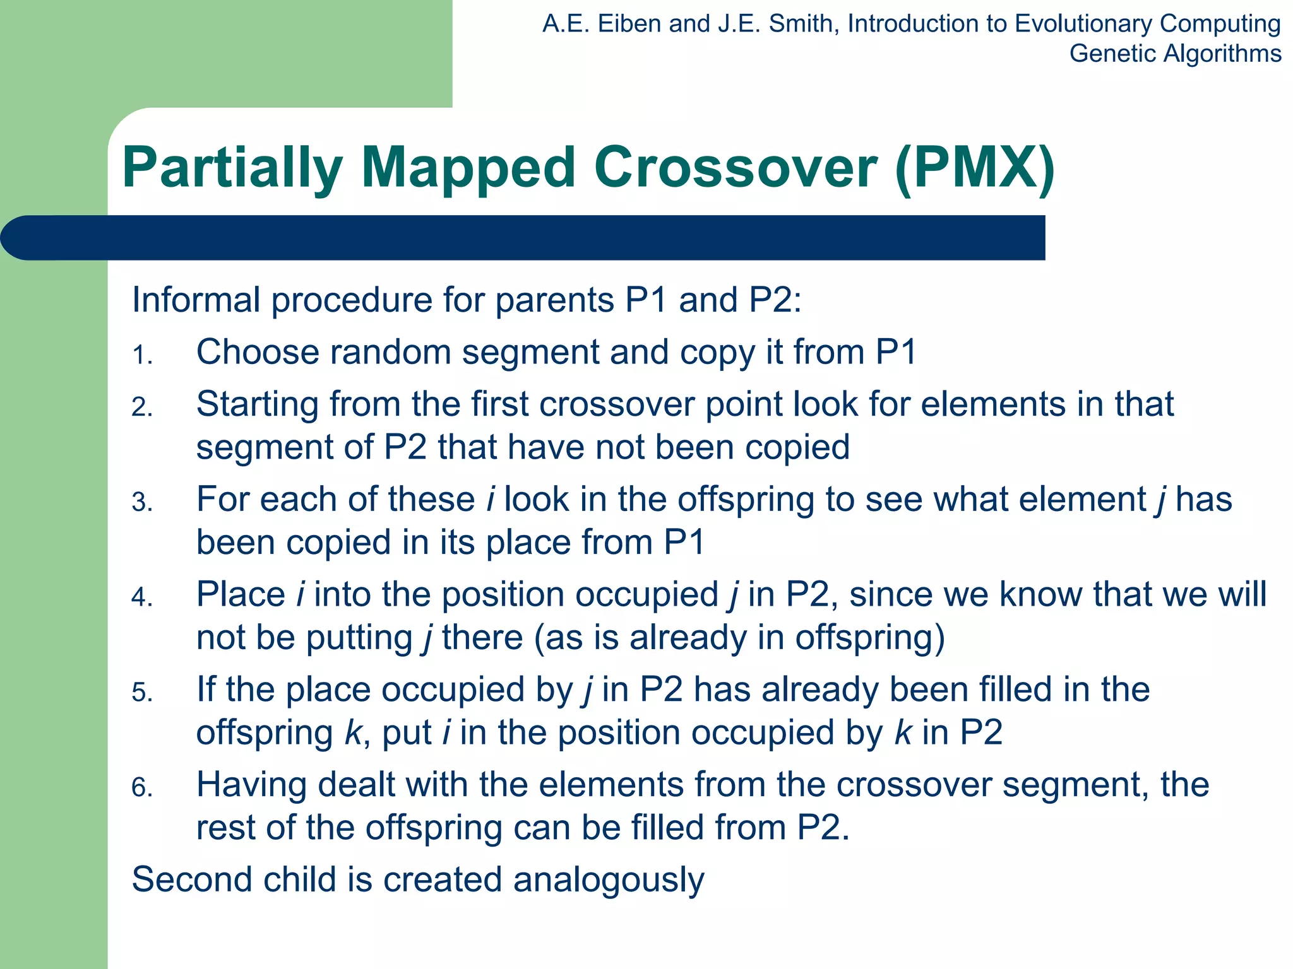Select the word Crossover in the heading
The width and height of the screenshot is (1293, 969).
735,168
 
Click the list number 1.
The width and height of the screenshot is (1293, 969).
142,356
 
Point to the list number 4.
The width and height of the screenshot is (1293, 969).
142,597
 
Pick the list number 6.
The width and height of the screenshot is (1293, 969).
142,788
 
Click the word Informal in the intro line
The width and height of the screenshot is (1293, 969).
196,300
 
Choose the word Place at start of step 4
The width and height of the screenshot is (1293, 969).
241,594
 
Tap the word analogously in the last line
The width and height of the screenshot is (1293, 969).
608,881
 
